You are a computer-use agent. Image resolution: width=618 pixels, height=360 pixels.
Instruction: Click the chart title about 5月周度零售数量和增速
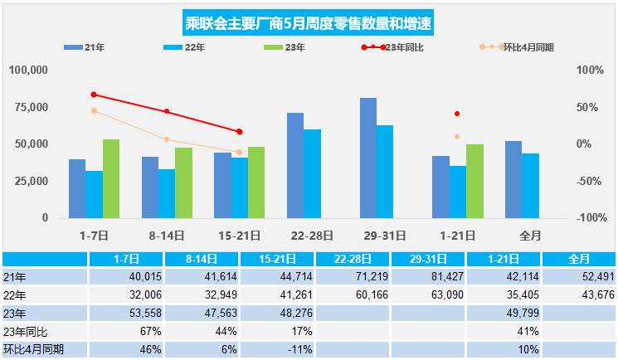tap(308, 22)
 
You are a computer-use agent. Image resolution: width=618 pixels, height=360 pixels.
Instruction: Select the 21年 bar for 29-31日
tap(367, 158)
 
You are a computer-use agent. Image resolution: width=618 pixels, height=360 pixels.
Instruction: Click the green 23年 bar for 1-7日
tap(111, 178)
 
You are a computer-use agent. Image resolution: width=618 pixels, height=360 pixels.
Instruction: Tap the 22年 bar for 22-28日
tap(312, 173)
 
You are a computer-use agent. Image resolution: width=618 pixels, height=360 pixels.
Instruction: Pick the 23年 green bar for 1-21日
tap(474, 181)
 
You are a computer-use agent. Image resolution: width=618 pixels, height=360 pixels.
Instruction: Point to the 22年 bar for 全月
tap(530, 185)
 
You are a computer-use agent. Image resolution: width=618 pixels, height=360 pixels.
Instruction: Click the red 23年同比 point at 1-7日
tap(94, 95)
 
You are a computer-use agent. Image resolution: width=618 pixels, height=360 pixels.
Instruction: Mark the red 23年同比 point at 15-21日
tap(240, 132)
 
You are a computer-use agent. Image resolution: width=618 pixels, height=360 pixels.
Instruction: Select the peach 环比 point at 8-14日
tap(167, 139)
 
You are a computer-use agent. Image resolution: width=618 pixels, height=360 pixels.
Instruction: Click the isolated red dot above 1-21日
tap(457, 114)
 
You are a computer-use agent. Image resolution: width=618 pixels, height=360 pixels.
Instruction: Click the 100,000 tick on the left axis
tap(28, 71)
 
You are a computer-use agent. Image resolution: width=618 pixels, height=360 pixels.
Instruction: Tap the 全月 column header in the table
tap(578, 259)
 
